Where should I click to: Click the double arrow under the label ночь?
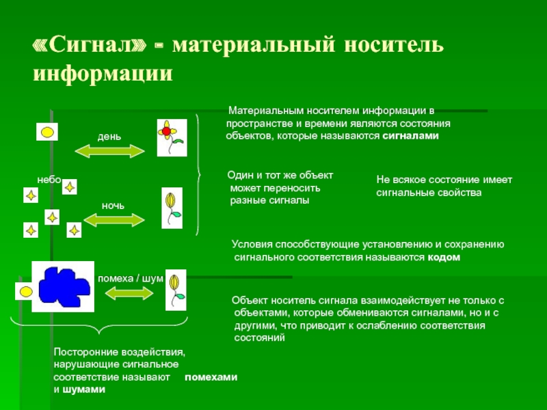point(114,219)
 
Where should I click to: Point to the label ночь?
point(113,205)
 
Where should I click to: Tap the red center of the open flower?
point(166,131)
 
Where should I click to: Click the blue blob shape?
point(64,286)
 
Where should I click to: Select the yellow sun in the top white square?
point(46,131)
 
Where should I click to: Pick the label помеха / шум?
point(131,279)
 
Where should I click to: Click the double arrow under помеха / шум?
point(129,292)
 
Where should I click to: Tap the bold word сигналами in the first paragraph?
point(410,136)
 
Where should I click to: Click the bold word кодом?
point(444,258)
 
